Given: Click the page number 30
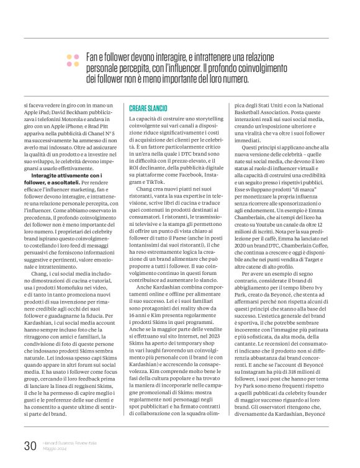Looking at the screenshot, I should click(30, 444).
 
